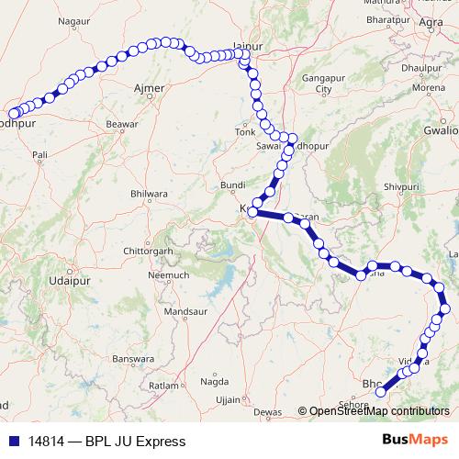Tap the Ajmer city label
click(x=149, y=88)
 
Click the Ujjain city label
click(x=228, y=400)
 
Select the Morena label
click(x=428, y=88)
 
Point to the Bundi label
click(x=234, y=185)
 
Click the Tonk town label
click(x=245, y=132)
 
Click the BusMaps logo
click(x=414, y=441)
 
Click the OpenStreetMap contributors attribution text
click(x=378, y=412)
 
